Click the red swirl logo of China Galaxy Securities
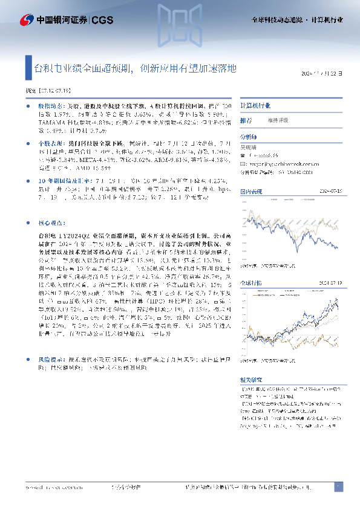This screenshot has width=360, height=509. click(x=27, y=20)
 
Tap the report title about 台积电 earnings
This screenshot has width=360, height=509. click(x=140, y=68)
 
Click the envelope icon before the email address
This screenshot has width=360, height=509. click(x=244, y=163)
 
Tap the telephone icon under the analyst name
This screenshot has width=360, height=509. click(x=244, y=155)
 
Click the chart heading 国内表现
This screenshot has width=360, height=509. click(x=250, y=191)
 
